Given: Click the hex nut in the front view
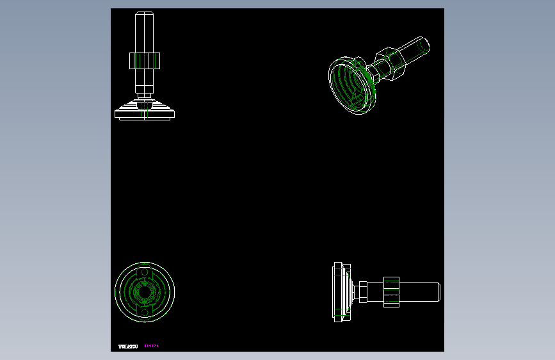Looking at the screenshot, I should click(144, 61).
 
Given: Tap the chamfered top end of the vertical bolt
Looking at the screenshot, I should click(144, 15).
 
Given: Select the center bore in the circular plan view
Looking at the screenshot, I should click(144, 291).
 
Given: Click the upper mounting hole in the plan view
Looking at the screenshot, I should click(144, 272).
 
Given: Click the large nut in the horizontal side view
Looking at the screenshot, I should click(392, 291).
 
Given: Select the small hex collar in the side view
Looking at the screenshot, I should click(362, 291).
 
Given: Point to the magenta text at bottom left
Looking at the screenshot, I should click(151, 346).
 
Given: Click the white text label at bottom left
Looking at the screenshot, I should click(128, 347).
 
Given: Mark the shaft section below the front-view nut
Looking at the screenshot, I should click(144, 80).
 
